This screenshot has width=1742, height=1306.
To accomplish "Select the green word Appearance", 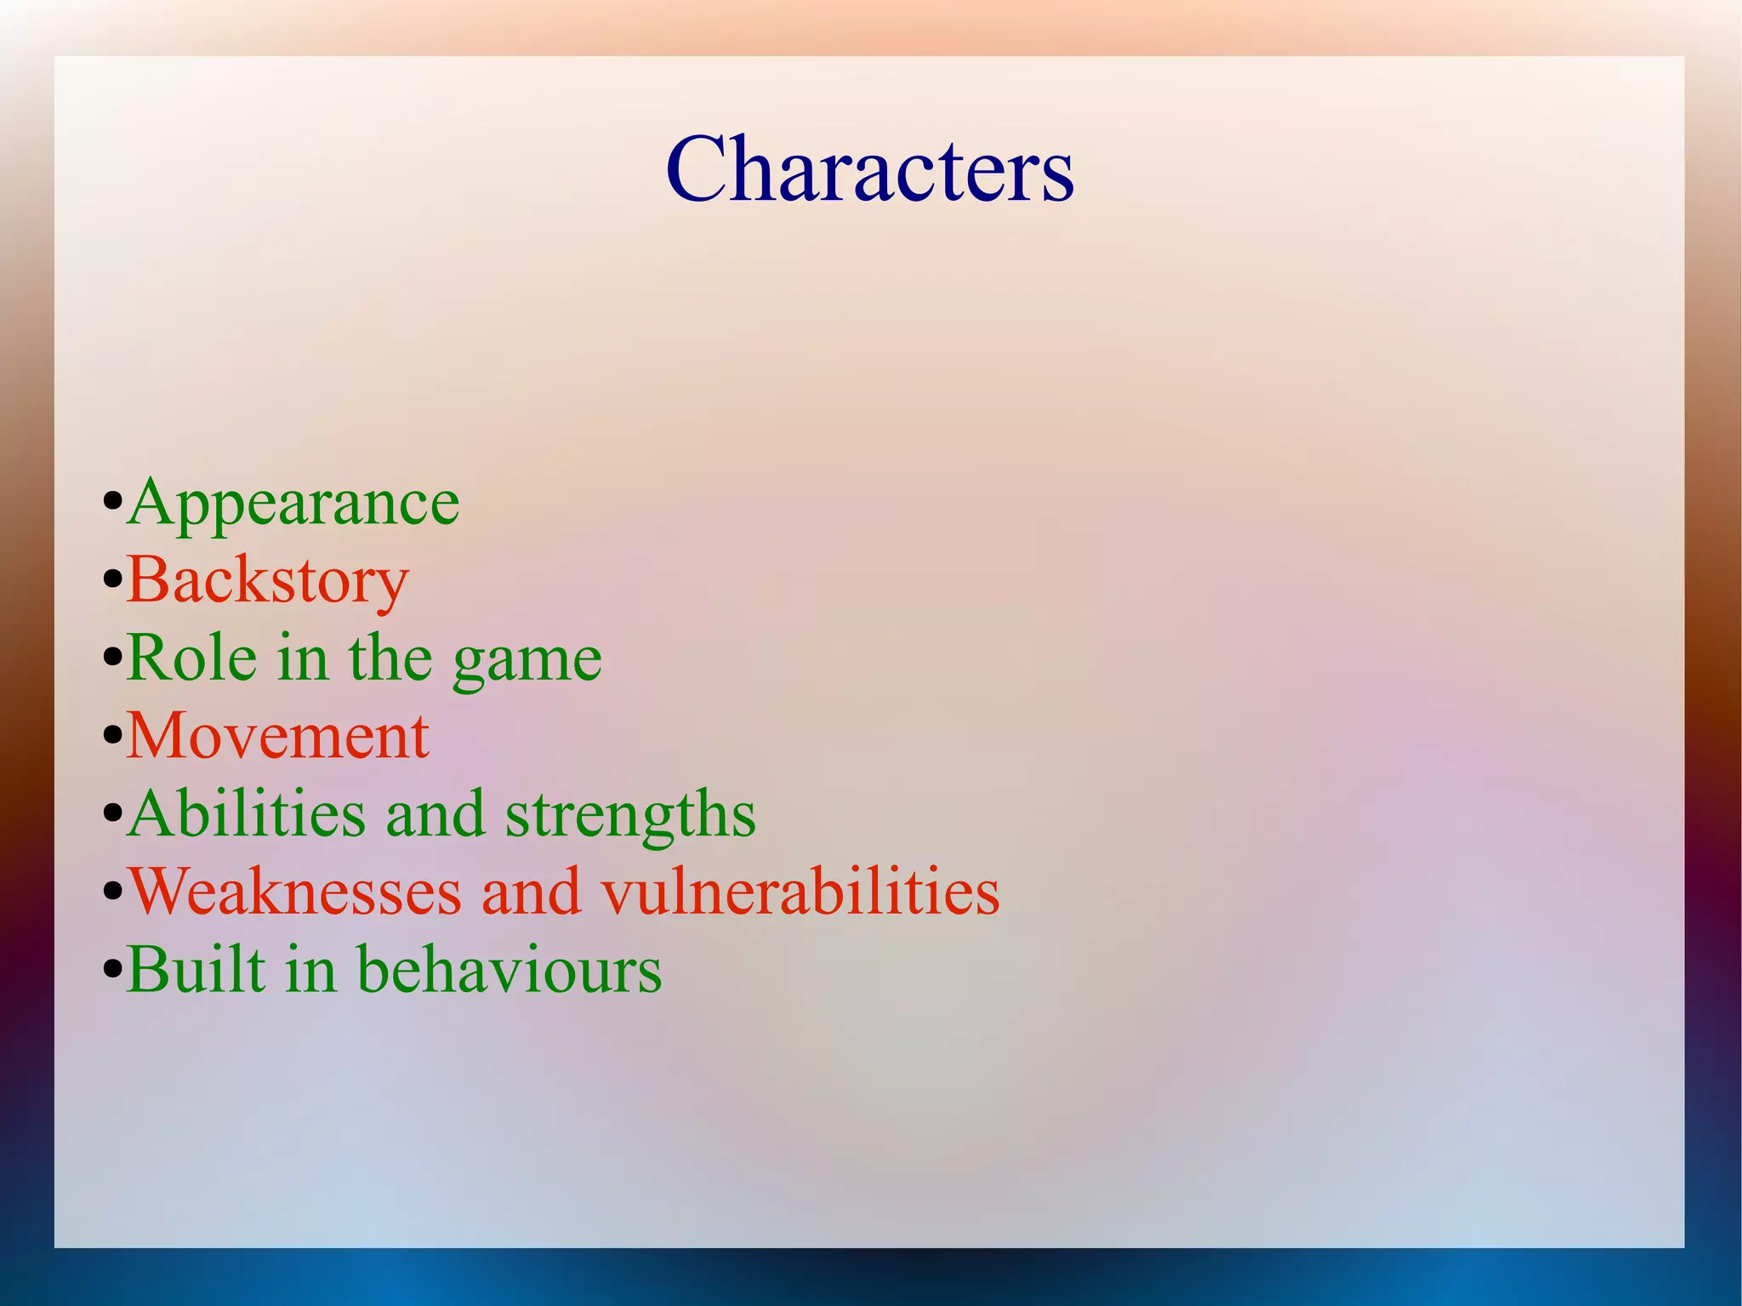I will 293,504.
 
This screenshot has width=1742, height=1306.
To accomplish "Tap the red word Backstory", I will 268,581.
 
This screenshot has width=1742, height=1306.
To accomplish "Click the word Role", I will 192,658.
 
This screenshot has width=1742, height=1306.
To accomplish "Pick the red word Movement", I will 277,736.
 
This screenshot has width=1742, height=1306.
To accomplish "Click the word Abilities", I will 248,814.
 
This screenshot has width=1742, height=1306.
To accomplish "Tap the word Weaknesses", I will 294,892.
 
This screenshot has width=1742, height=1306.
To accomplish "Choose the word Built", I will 196,969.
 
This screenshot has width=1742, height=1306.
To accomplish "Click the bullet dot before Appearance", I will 112,503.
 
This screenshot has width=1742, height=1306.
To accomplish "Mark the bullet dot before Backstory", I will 112,581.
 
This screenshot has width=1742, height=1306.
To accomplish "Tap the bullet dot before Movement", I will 112,737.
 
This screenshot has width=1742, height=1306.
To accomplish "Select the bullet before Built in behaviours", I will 112,970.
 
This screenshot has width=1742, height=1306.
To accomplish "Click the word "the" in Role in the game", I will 390,658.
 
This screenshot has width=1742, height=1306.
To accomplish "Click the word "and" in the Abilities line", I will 435,814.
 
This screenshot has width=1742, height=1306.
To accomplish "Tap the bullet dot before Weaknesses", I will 112,893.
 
